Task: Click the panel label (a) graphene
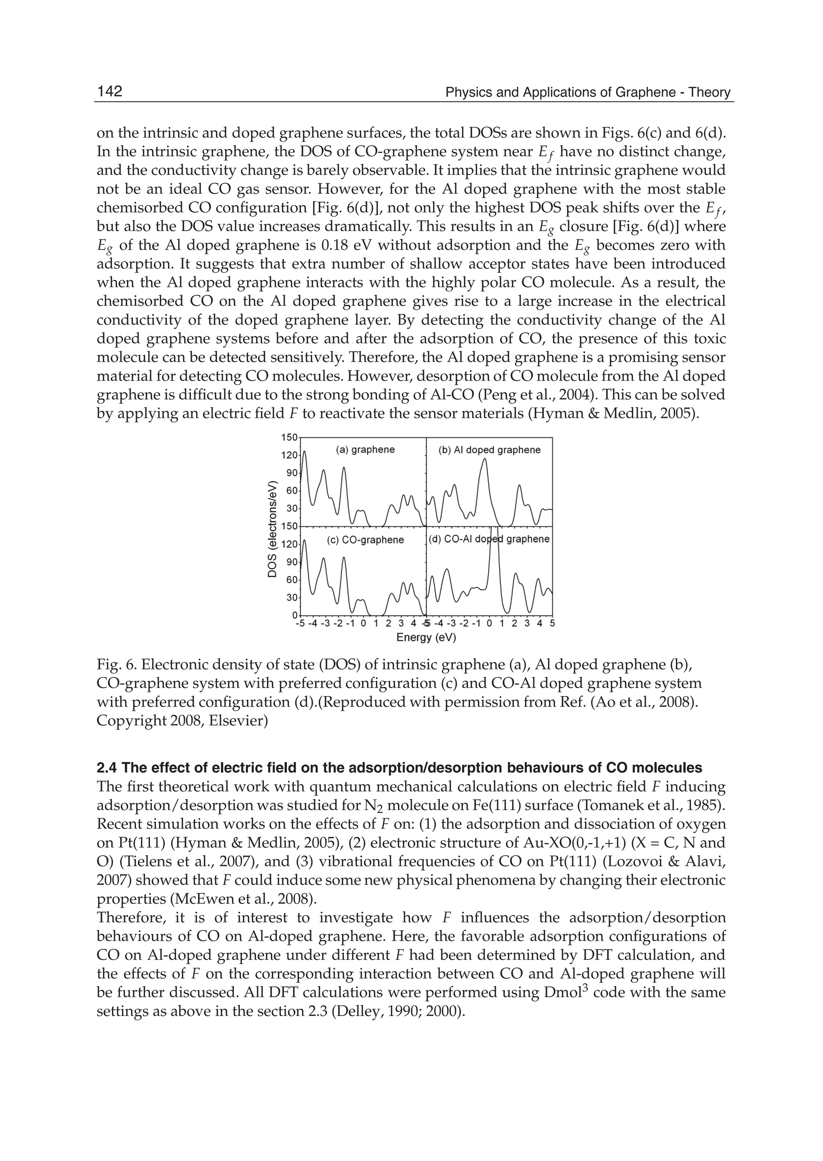(x=365, y=450)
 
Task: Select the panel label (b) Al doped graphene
(x=489, y=450)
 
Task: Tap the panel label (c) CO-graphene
(x=365, y=540)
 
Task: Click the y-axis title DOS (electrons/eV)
(x=272, y=527)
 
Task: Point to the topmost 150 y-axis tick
(x=289, y=437)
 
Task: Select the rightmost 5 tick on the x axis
(x=552, y=623)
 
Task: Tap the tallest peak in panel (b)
(x=485, y=460)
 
